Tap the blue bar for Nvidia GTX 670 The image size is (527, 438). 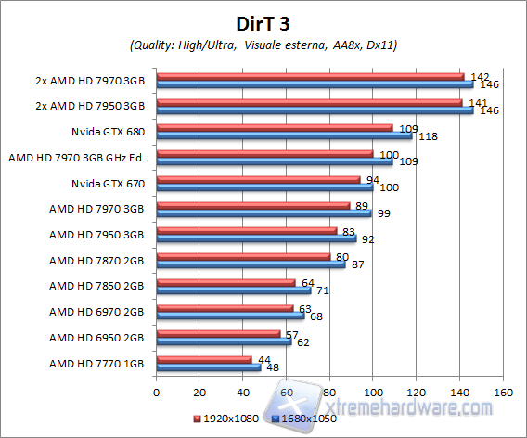[x=264, y=187]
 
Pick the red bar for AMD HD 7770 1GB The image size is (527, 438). [x=204, y=359]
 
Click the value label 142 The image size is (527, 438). [x=480, y=76]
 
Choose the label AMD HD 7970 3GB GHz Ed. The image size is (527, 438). [x=79, y=157]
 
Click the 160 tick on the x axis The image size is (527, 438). [x=502, y=392]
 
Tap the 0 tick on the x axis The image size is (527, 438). [x=157, y=392]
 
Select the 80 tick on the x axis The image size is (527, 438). [x=329, y=392]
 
